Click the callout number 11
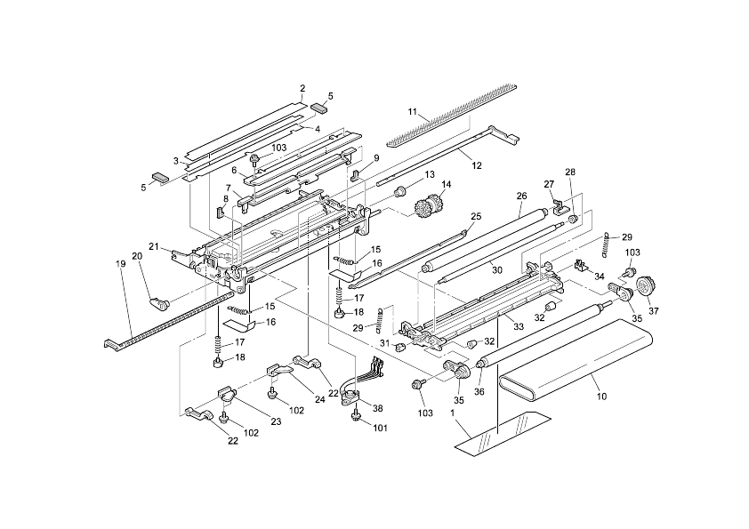pos(412,111)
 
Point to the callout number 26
pos(522,195)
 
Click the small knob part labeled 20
pos(161,303)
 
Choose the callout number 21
pos(154,246)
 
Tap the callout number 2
pos(302,88)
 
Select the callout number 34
pos(598,276)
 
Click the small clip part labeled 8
pos(217,212)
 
